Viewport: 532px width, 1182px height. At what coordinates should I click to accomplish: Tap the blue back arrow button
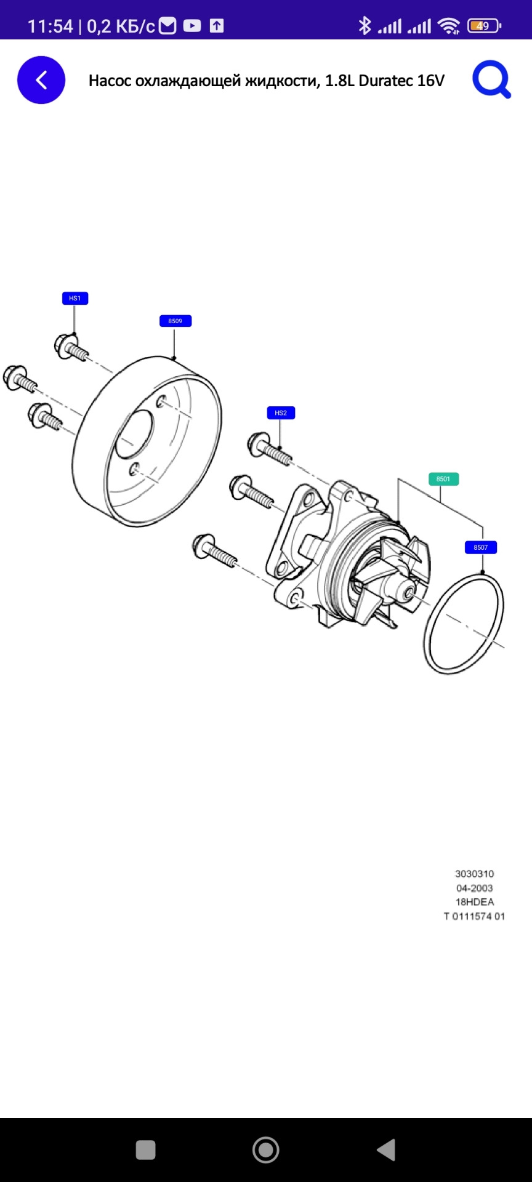[41, 80]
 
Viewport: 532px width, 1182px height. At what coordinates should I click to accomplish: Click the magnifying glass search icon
[491, 80]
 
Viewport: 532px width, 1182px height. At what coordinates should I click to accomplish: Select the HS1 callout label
[75, 298]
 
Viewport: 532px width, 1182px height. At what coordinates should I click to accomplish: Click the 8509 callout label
[175, 321]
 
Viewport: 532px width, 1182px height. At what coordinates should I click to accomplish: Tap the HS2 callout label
[281, 412]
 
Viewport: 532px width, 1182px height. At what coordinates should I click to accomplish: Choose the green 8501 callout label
[443, 478]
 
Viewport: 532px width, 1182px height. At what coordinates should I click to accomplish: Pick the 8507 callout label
[480, 547]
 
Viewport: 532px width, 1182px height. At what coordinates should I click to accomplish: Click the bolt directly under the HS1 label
[70, 347]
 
